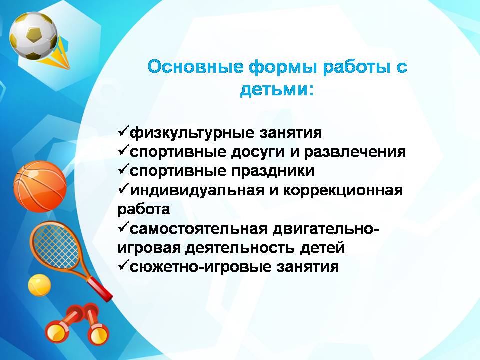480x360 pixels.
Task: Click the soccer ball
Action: [x=33, y=36]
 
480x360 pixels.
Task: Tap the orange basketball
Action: [x=40, y=186]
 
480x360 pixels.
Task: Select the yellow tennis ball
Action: [x=39, y=285]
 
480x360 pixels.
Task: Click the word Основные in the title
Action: [x=196, y=67]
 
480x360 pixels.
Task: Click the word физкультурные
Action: [x=192, y=133]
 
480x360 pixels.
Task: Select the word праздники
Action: [x=273, y=171]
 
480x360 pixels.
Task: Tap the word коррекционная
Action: [x=343, y=191]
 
